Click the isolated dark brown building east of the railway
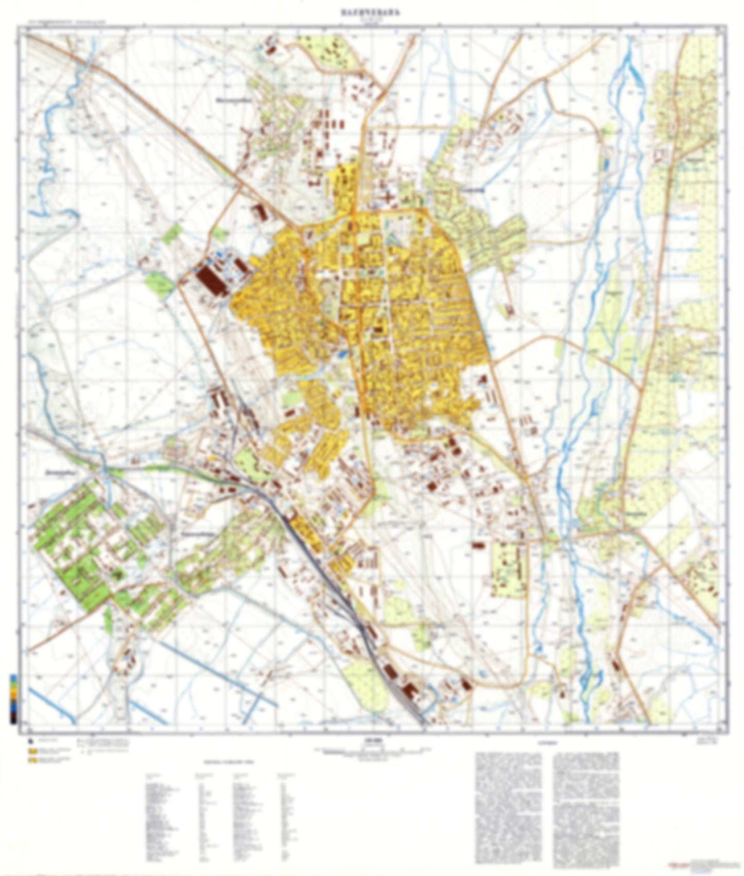478,544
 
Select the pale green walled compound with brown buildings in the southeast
508,567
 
